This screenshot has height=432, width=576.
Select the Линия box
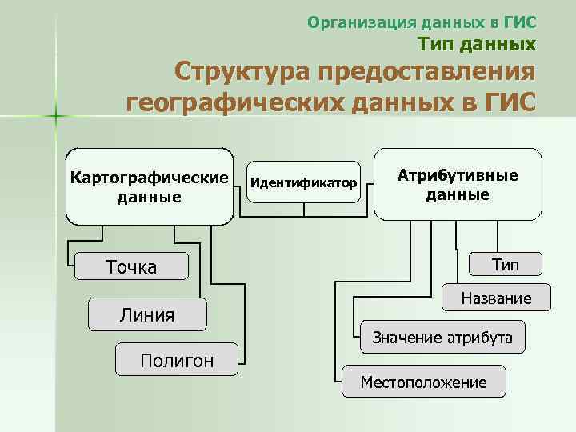tap(147, 314)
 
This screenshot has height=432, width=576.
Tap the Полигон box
tap(177, 360)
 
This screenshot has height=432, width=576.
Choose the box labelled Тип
tap(504, 265)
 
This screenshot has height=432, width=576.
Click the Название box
tap(496, 298)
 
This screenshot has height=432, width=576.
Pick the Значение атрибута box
tap(442, 338)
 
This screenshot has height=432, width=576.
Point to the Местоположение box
tap(423, 382)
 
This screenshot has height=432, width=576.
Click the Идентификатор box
tap(304, 182)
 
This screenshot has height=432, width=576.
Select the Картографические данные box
tap(149, 186)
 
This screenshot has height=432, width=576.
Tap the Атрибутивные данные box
tap(458, 184)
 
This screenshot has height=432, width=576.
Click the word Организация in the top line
tap(352, 21)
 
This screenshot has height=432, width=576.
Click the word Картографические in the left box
tap(149, 176)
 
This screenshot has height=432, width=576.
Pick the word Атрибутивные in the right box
tap(458, 175)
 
